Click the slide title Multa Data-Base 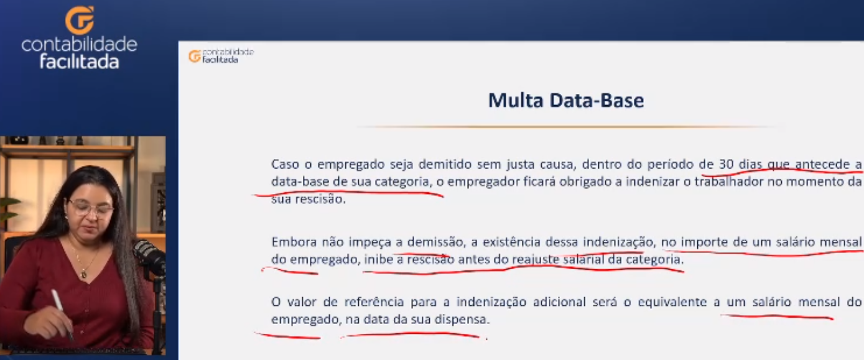click(566, 100)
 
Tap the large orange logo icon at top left click(80, 20)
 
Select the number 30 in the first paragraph click(727, 164)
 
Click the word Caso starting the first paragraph click(285, 164)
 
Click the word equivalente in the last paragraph click(672, 302)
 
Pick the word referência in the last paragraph click(374, 302)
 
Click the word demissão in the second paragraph click(436, 242)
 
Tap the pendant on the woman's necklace click(83, 274)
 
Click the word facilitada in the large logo click(80, 62)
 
